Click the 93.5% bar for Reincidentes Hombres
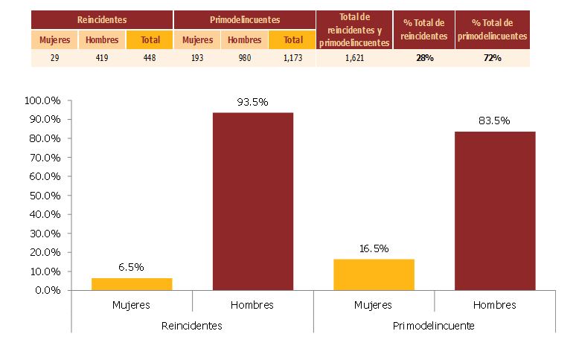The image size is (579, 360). click(253, 201)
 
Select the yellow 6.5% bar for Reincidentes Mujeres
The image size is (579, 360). click(132, 283)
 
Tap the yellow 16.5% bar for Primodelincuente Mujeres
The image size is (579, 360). click(374, 274)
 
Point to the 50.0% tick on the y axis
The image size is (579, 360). click(43, 195)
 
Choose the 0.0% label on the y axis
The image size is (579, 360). click(46, 290)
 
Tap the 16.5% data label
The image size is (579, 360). click(374, 248)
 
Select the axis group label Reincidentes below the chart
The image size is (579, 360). click(192, 325)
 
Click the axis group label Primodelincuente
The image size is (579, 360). click(435, 325)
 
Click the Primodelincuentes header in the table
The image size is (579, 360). click(244, 20)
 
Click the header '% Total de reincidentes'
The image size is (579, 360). click(423, 30)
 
